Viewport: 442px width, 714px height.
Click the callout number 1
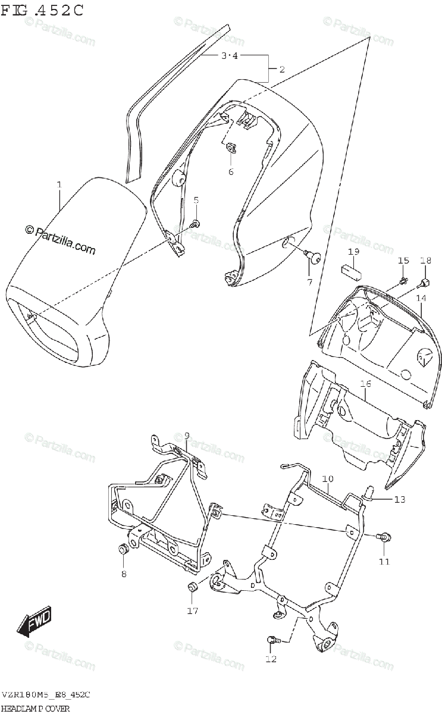[59, 185]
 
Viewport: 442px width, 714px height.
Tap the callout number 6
[230, 172]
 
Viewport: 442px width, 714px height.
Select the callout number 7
[309, 282]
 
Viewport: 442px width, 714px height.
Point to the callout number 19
[353, 252]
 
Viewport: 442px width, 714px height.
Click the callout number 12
[271, 659]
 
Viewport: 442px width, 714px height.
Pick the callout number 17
[192, 610]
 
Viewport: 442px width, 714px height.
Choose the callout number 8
[124, 574]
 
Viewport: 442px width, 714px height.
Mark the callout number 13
[399, 499]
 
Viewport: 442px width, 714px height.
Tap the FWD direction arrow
[35, 621]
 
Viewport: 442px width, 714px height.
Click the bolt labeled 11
[384, 537]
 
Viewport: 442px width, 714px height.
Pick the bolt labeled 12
[273, 640]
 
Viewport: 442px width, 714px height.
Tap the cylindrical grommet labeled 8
[123, 549]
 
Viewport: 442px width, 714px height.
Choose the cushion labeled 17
[192, 588]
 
